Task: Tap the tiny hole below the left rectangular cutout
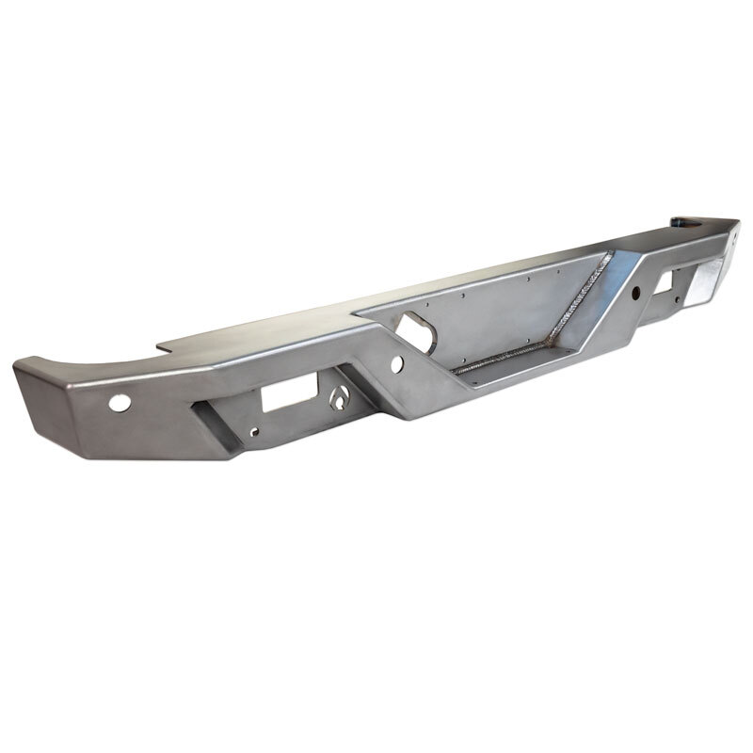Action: coord(253,434)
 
